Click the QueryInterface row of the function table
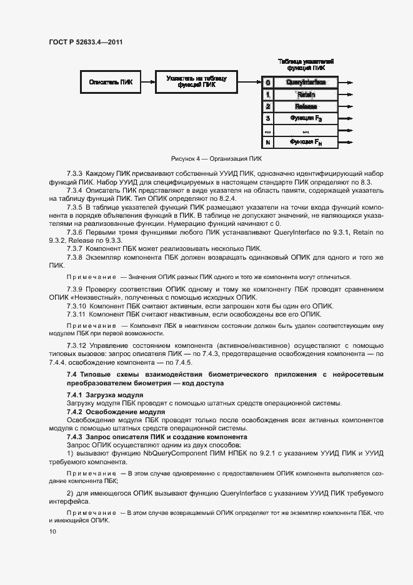[x=306, y=82]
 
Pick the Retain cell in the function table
[x=306, y=94]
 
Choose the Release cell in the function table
[x=306, y=106]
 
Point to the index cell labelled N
[x=267, y=143]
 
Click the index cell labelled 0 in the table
[x=267, y=82]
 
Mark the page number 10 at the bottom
[x=52, y=532]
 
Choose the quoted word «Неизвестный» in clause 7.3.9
[x=94, y=298]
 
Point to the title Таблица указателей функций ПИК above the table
[x=306, y=64]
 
